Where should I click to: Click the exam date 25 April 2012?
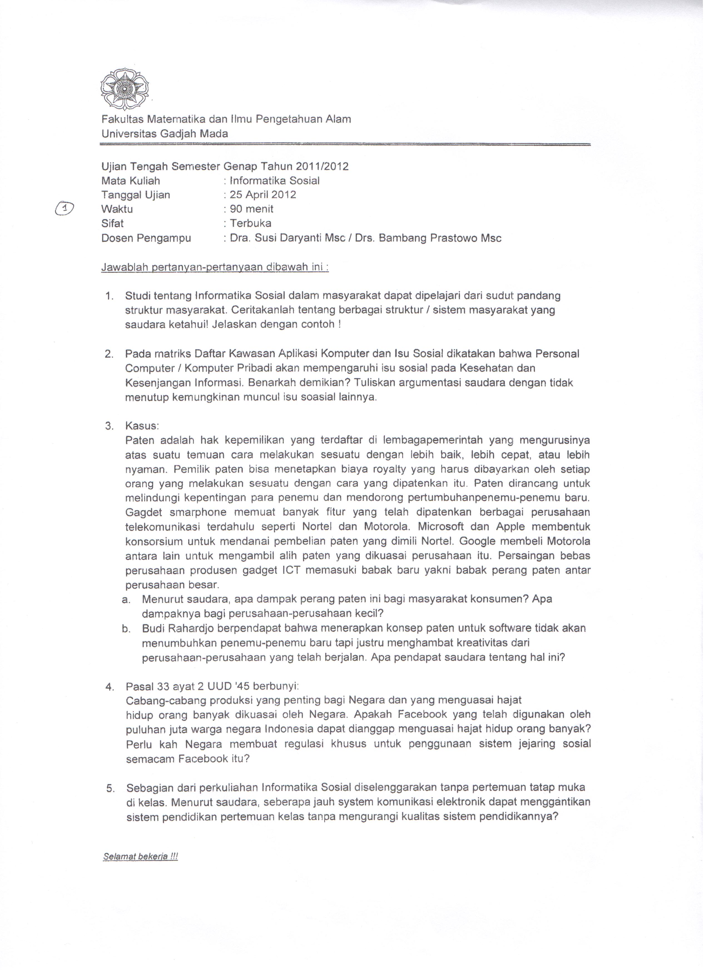coord(263,195)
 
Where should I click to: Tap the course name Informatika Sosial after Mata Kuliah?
coord(275,181)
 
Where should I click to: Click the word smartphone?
coord(198,512)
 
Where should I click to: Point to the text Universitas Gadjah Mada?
coord(165,134)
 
